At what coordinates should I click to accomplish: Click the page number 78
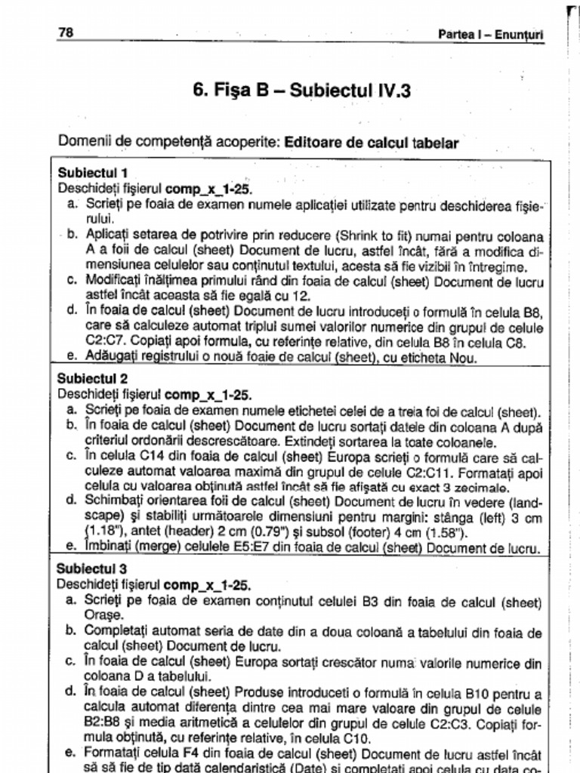pyautogui.click(x=66, y=32)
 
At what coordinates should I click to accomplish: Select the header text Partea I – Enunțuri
pyautogui.click(x=491, y=35)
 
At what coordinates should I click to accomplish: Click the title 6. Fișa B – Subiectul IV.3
pyautogui.click(x=302, y=91)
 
